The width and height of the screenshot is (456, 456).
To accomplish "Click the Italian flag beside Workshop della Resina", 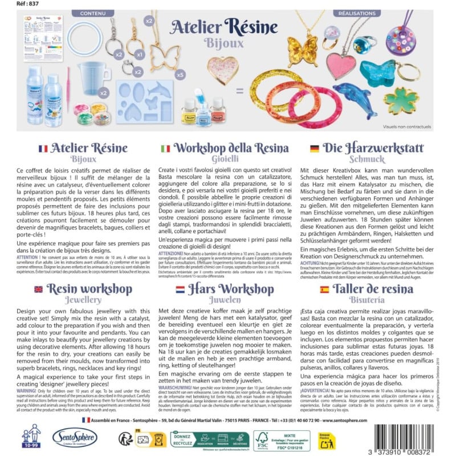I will tap(165, 148).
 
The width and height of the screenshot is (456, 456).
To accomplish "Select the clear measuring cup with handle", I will tap(93, 76).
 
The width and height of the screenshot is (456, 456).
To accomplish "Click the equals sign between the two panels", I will tap(239, 89).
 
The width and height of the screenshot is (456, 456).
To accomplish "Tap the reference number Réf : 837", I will tap(15, 3).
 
